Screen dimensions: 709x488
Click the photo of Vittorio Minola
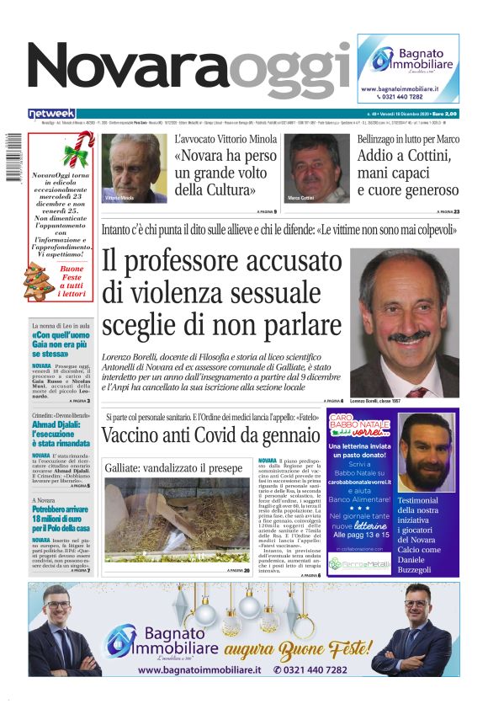tap(134, 168)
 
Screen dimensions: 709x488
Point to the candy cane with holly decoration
tap(77, 152)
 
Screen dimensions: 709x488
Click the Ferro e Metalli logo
tap(359, 563)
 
